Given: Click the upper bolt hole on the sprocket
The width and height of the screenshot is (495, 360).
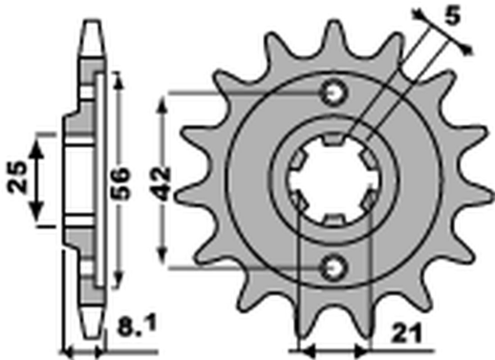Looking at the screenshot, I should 334,94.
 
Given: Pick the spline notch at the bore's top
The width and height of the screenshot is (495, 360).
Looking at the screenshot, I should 334,140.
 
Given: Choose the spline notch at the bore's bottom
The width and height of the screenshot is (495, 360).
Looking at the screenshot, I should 334,219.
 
